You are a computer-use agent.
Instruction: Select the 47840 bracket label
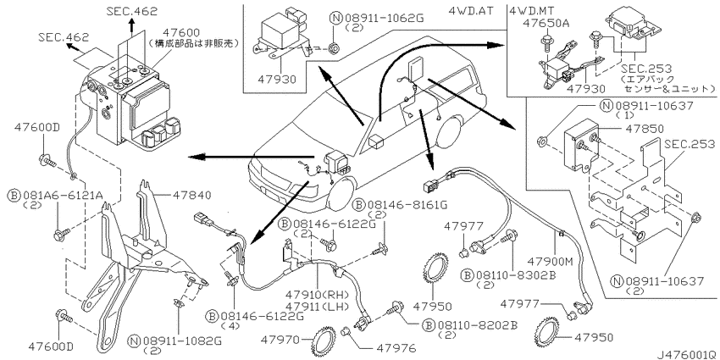[192, 196]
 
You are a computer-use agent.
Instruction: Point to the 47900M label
[551, 262]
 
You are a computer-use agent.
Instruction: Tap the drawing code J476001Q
[688, 354]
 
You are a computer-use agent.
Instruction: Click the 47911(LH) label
[318, 306]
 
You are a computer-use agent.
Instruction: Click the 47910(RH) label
[318, 294]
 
